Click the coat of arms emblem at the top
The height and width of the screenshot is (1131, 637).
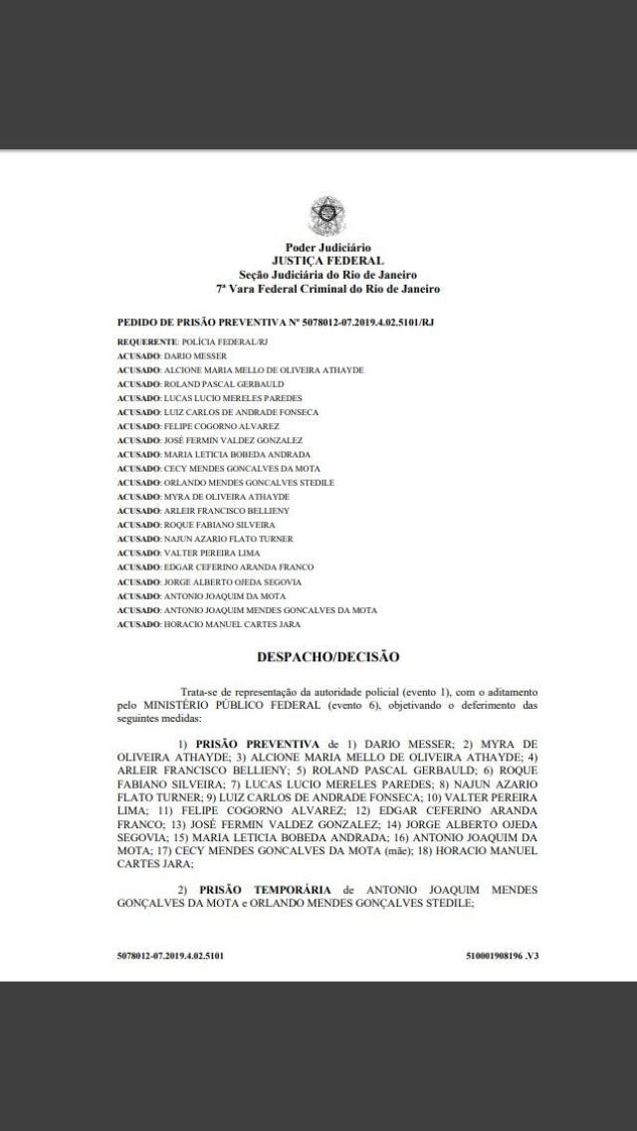click(x=325, y=214)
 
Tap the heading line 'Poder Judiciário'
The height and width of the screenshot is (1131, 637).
click(x=327, y=248)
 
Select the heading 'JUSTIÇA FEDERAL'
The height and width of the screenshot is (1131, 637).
click(x=327, y=261)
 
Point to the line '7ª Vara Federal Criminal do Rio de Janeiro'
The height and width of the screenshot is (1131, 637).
click(x=327, y=289)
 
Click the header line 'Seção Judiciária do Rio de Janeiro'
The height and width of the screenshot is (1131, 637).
click(x=327, y=275)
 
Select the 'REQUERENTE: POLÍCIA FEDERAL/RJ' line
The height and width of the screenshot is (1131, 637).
click(x=192, y=341)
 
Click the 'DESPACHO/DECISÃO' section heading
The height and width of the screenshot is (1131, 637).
click(x=327, y=657)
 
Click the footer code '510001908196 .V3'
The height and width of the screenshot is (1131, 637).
click(x=502, y=955)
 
